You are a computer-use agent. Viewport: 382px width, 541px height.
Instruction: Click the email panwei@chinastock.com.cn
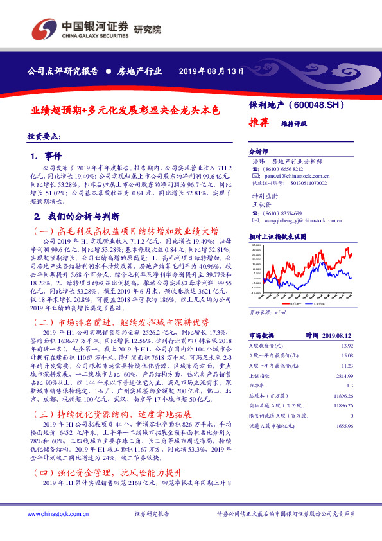(297, 174)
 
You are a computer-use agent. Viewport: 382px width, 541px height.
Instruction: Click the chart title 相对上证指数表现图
(277, 236)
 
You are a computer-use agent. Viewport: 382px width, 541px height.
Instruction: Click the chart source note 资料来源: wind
(266, 312)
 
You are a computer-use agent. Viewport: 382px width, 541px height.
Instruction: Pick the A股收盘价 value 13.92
(347, 346)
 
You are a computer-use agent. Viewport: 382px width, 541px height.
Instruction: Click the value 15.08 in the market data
(347, 355)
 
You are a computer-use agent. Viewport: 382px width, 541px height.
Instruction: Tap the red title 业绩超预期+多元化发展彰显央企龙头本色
(125, 110)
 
